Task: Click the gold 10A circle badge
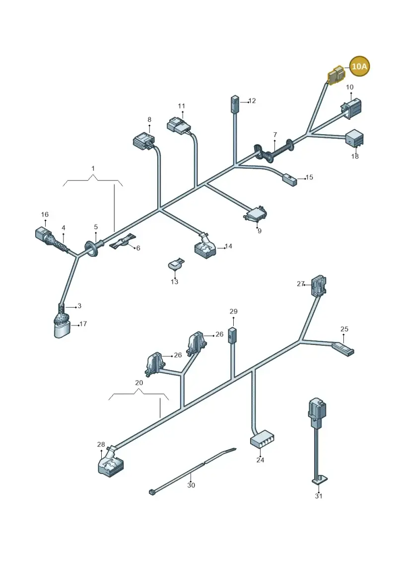[x=359, y=66]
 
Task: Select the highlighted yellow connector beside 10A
[x=336, y=75]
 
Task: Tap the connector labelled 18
[x=354, y=138]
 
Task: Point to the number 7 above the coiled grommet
[x=275, y=135]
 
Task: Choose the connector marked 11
[x=179, y=125]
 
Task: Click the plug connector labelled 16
[x=45, y=235]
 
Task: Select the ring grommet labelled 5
[x=92, y=248]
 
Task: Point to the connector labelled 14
[x=205, y=247]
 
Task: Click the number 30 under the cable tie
[x=191, y=485]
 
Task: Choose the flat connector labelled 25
[x=343, y=349]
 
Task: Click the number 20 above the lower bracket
[x=139, y=383]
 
